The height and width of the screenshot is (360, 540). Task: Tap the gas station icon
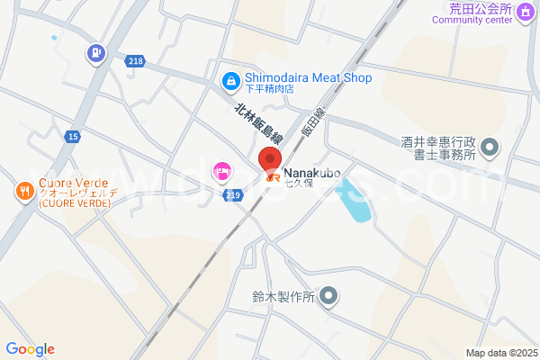[95, 54]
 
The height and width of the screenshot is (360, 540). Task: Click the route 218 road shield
[135, 60]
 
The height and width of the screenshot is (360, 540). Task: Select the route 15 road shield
[72, 136]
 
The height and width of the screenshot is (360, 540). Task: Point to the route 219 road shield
[233, 194]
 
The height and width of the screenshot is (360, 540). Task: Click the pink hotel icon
[220, 170]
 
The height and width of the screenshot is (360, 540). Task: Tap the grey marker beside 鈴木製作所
[329, 295]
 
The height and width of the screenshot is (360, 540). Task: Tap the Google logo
[30, 349]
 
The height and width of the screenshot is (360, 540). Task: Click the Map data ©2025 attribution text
[500, 353]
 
